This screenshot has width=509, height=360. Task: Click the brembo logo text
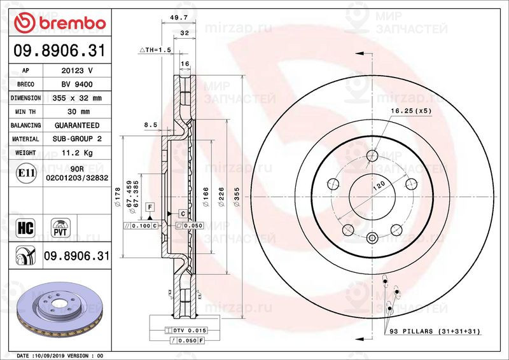tap(68, 23)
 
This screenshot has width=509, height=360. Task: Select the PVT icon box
tap(60, 226)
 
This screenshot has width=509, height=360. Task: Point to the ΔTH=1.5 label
tap(156, 49)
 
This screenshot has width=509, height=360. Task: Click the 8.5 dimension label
tap(150, 125)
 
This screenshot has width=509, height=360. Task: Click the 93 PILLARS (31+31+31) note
tap(433, 331)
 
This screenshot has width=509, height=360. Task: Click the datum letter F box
tap(150, 207)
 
